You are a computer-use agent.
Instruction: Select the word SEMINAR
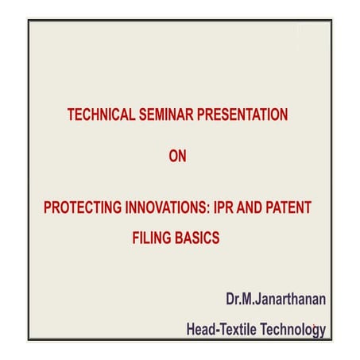[x=163, y=115]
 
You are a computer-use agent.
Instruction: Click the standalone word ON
[x=178, y=157]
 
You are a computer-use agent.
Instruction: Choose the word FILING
[x=152, y=237]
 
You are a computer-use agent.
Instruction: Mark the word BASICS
[x=198, y=237]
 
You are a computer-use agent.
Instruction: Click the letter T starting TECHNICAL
[x=71, y=115]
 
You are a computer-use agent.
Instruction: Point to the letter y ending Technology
[x=322, y=330]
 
